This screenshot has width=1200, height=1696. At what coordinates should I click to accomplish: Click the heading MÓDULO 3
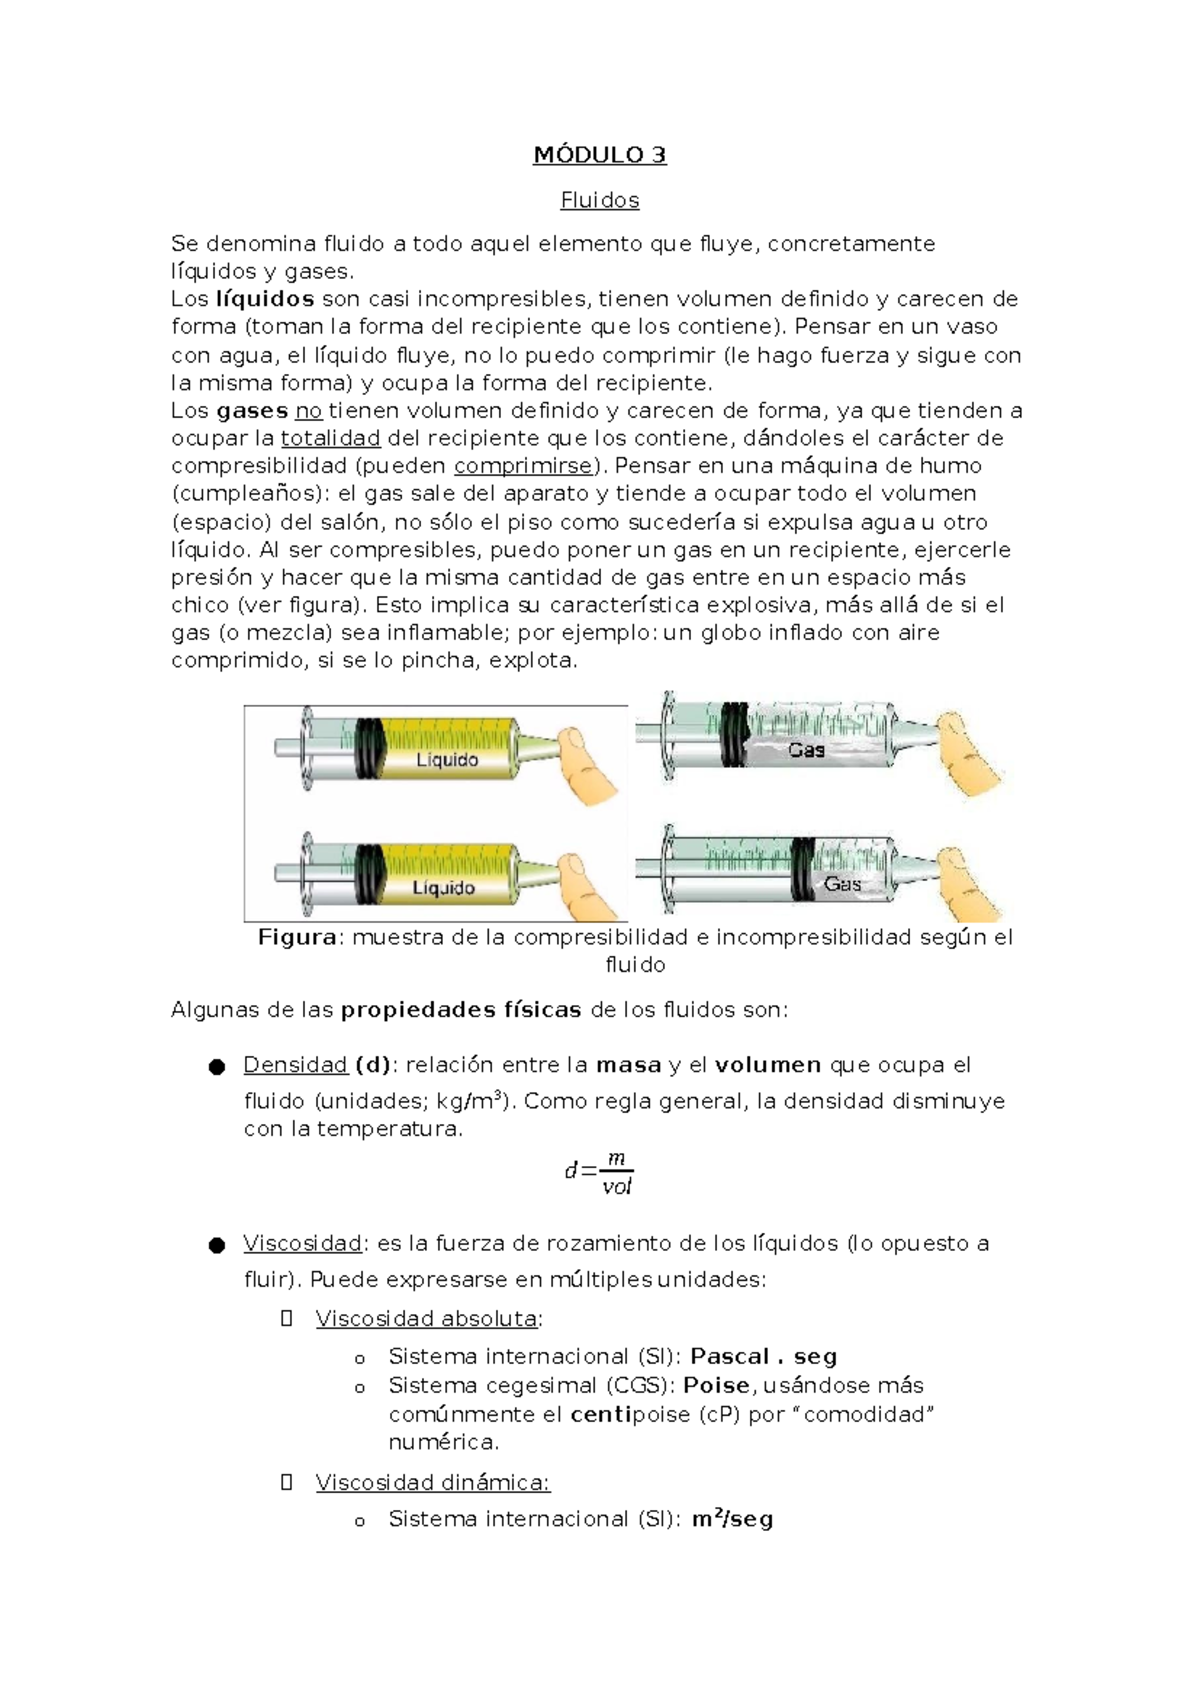point(599,155)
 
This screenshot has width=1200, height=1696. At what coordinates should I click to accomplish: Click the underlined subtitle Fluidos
point(599,200)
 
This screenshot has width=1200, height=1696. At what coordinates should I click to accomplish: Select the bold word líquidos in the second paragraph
point(265,299)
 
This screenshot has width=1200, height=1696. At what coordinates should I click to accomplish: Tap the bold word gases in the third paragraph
point(252,411)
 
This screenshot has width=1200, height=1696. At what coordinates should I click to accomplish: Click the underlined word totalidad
point(330,438)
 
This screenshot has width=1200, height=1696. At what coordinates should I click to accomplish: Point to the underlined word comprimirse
point(523,466)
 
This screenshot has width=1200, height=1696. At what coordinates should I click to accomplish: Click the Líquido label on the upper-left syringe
point(447,760)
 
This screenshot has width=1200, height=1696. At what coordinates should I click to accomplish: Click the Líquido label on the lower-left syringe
point(443,888)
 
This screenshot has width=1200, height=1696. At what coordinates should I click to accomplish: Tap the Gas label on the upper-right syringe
point(806,750)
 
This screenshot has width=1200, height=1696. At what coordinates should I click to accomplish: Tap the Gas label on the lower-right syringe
point(842,884)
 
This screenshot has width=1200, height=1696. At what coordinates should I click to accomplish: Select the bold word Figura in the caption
point(297,938)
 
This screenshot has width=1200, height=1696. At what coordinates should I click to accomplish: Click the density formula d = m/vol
point(599,1172)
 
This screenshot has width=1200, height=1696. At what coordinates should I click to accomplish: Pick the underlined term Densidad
point(295,1065)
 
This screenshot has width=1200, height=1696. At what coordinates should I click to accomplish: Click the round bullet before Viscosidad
point(216,1246)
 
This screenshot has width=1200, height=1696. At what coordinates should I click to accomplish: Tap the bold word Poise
point(716,1386)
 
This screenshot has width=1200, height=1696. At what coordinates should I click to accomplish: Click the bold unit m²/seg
point(732,1519)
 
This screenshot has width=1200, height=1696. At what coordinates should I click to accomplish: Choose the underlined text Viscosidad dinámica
point(433,1482)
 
